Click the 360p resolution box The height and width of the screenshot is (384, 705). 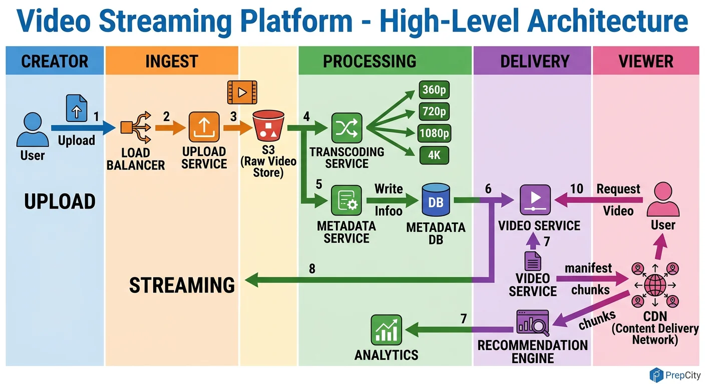click(434, 90)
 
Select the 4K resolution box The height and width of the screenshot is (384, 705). click(434, 155)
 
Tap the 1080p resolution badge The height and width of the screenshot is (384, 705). click(434, 133)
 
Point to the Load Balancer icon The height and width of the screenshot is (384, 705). click(135, 128)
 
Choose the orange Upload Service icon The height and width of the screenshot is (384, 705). click(204, 127)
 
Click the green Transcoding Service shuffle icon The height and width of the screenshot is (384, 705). click(346, 128)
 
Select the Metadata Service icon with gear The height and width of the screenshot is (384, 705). click(346, 201)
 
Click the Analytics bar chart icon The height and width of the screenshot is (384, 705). click(386, 330)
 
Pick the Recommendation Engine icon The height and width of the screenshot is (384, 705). click(532, 323)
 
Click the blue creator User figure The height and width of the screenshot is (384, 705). click(33, 129)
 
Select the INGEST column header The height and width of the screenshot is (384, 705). click(171, 61)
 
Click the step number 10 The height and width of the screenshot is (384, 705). click(577, 189)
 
